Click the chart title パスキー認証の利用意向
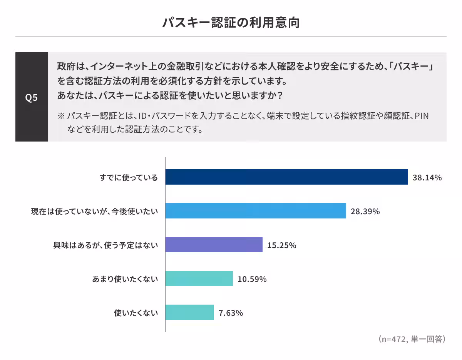(x=231, y=23)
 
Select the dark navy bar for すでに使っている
(x=286, y=177)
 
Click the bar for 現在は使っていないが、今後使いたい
(x=256, y=211)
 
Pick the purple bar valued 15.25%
(x=214, y=245)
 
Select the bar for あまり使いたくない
(x=199, y=279)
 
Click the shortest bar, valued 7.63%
(x=190, y=313)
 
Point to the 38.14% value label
(x=427, y=178)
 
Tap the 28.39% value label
(x=365, y=212)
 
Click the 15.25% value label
(x=281, y=245)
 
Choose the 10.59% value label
(x=252, y=279)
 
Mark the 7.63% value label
(x=231, y=313)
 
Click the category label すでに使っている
(x=129, y=178)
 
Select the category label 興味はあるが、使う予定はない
(x=105, y=245)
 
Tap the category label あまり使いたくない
(x=125, y=279)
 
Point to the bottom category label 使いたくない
(x=136, y=313)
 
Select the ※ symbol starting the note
(x=60, y=116)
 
